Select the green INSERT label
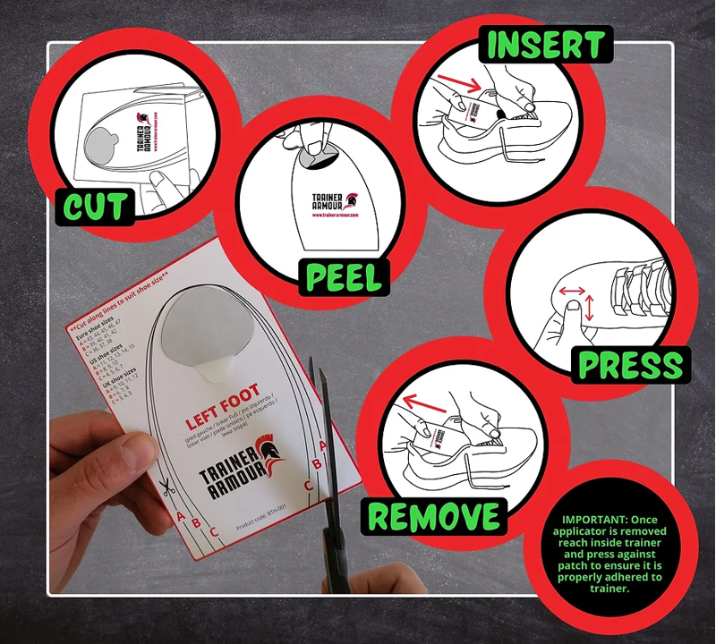tap(545, 44)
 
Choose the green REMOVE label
tap(435, 516)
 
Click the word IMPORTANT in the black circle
tap(593, 519)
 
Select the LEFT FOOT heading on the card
tap(221, 404)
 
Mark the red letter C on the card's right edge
tap(307, 486)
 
